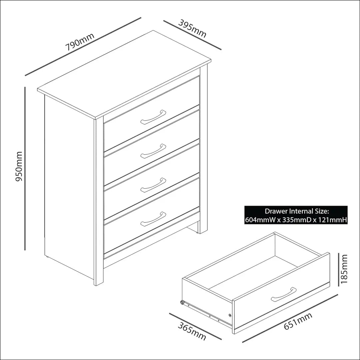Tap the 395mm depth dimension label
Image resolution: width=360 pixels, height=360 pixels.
click(192, 29)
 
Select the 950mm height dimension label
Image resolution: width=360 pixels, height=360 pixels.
click(19, 166)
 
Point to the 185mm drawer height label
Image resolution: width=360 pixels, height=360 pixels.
click(344, 269)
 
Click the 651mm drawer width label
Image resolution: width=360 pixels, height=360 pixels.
click(298, 321)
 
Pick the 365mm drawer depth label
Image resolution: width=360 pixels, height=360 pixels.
click(192, 332)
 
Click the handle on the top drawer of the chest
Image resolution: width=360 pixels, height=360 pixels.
click(153, 117)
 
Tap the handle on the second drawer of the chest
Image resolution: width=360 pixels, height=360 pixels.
click(153, 151)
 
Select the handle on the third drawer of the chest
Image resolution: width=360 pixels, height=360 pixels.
click(153, 185)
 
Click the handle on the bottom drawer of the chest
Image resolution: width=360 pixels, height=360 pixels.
click(153, 219)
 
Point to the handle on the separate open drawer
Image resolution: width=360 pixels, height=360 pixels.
click(284, 294)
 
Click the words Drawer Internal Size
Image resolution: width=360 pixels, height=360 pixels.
click(297, 211)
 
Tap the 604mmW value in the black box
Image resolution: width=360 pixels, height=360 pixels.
click(260, 220)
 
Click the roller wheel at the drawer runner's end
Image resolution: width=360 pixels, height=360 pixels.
click(182, 303)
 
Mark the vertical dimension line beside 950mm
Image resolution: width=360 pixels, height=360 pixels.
click(25, 168)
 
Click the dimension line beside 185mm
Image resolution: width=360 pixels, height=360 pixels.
click(339, 270)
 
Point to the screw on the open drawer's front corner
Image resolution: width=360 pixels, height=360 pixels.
click(230, 315)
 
